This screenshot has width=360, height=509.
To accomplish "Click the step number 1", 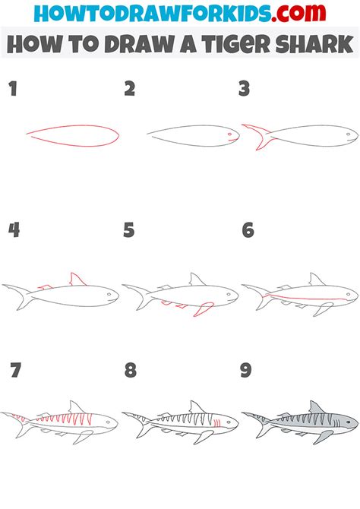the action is pyautogui.click(x=13, y=89).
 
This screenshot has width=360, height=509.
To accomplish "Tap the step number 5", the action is pyautogui.click(x=129, y=230).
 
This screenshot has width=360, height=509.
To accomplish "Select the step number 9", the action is pyautogui.click(x=246, y=370).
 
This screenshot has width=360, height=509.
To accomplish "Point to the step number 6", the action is pyautogui.click(x=248, y=230).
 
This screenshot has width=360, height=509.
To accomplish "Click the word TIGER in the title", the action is pyautogui.click(x=235, y=44).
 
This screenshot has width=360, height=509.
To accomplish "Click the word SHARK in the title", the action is pyautogui.click(x=314, y=44).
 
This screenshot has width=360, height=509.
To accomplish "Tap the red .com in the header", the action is pyautogui.click(x=298, y=13).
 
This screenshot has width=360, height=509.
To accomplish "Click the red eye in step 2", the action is pyautogui.click(x=230, y=134).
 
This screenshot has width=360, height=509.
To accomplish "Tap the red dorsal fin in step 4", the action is pyautogui.click(x=77, y=280).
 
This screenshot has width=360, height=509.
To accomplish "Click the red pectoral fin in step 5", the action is pyautogui.click(x=204, y=308).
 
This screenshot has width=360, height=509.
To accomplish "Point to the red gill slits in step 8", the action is pyautogui.click(x=217, y=423).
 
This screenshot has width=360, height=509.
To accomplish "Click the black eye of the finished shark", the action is pyautogui.click(x=348, y=422).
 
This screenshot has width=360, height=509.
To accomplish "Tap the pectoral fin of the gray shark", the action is pyautogui.click(x=324, y=437).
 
